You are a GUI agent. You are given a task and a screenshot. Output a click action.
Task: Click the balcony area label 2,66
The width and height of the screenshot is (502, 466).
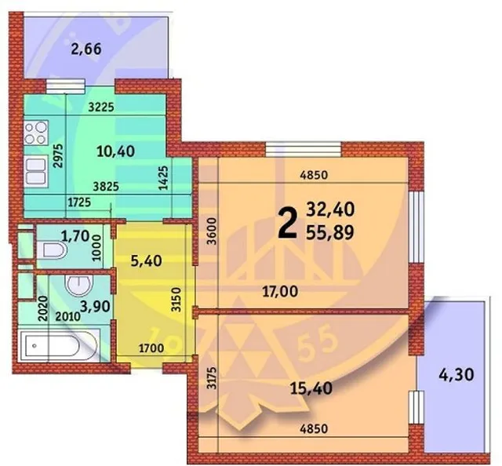[86, 49]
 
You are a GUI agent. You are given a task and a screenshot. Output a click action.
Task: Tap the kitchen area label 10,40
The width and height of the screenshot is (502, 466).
[115, 151]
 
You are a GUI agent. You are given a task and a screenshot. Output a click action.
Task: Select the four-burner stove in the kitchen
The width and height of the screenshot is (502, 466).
[36, 133]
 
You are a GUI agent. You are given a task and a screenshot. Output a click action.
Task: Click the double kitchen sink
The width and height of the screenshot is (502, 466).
[35, 171]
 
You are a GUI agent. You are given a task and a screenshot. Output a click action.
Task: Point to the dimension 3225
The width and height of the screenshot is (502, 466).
[101, 107]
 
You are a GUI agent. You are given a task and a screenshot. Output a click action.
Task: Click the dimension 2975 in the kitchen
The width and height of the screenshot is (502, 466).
[59, 156]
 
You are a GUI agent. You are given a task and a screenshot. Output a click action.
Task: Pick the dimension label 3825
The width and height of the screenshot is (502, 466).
[106, 187]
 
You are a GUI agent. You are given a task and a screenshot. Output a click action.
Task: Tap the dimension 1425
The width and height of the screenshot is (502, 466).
[164, 178]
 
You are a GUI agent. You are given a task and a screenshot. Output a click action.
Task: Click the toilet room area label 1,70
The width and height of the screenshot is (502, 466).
[75, 236]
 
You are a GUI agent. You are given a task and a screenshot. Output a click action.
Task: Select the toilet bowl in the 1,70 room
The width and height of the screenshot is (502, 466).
[52, 249]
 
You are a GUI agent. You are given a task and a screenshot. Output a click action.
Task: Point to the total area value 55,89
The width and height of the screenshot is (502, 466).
[330, 232]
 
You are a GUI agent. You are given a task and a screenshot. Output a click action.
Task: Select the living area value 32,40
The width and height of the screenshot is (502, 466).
[330, 209]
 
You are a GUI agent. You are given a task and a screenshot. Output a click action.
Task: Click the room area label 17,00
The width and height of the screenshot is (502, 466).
[280, 292]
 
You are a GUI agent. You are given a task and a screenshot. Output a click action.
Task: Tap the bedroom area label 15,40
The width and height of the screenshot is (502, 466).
[311, 388]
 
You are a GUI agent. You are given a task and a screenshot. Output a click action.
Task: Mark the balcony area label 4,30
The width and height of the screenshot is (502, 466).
[457, 375]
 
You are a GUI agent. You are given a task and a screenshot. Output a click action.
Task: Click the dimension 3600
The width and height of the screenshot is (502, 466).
[212, 231]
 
